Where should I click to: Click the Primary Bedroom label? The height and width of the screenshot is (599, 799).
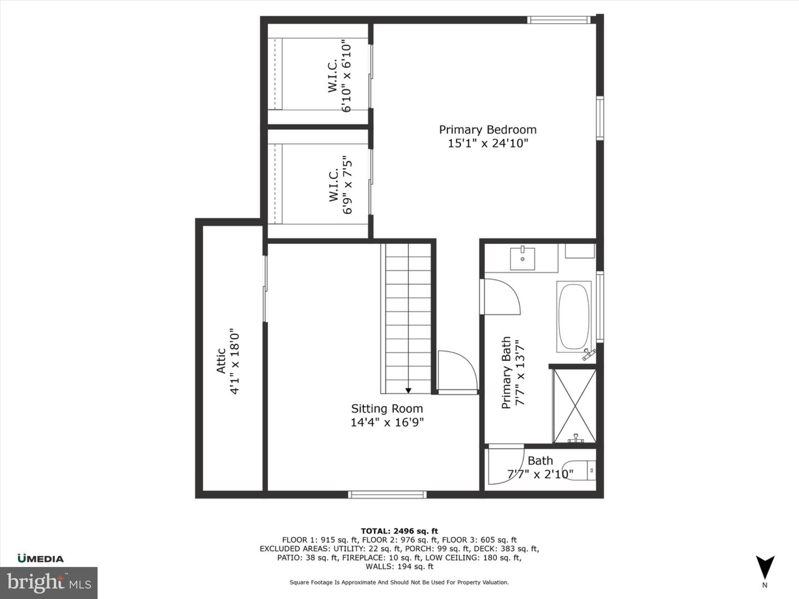[x=488, y=130]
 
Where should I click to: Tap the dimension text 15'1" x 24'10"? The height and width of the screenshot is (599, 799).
[x=488, y=144]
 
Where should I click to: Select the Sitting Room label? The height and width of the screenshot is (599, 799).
[x=387, y=409]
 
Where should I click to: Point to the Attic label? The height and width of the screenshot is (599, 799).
[x=221, y=361]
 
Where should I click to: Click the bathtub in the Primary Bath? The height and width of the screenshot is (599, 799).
[x=574, y=317]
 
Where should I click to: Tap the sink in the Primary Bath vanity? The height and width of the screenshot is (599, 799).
[x=522, y=259]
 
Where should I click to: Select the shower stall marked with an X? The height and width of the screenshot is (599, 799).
[x=574, y=405]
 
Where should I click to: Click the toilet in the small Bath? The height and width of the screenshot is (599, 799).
[x=580, y=470]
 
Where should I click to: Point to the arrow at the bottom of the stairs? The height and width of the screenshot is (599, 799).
[x=408, y=390]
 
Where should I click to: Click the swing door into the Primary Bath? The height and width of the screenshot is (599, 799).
[x=501, y=297]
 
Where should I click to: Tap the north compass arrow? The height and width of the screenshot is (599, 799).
[x=765, y=567]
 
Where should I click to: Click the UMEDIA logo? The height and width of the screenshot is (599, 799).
[x=41, y=559]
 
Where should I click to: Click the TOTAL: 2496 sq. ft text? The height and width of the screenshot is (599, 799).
[x=399, y=531]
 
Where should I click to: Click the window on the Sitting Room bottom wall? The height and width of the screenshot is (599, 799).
[x=387, y=494]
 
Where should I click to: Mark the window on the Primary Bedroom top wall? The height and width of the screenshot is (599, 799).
[x=558, y=20]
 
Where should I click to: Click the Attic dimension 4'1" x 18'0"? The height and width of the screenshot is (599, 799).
[x=235, y=361]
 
